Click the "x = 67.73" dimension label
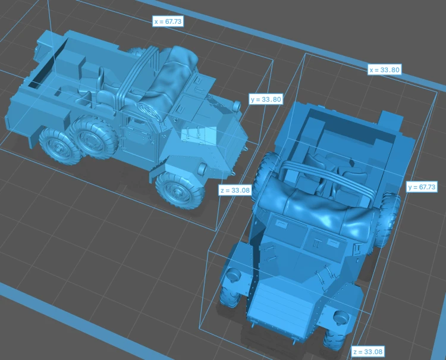pos(168,21)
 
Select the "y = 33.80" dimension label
pos(266,99)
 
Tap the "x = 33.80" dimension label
pos(384,70)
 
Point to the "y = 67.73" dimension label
pos(422,187)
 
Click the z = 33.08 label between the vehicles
pos(235,190)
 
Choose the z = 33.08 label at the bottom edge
pos(368,352)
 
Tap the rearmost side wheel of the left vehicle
pos(59,146)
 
